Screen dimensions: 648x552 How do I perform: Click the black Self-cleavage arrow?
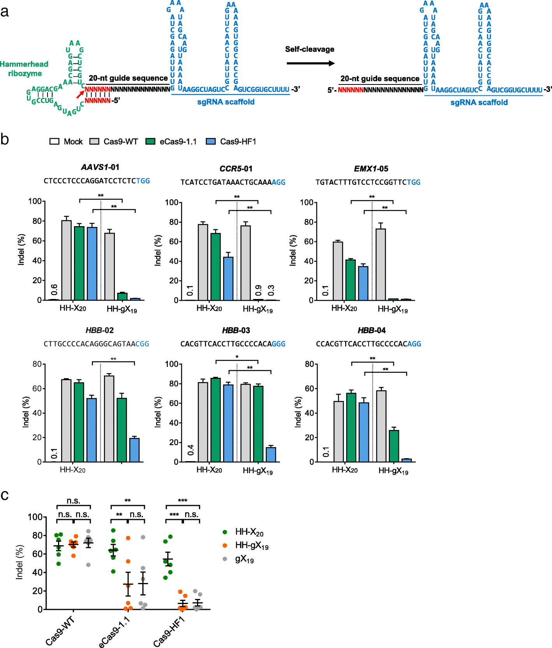tap(310, 63)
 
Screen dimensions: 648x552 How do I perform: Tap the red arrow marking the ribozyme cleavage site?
tap(80, 94)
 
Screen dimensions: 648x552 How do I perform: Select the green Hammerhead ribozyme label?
tap(24, 69)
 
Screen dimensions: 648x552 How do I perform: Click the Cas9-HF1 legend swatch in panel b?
tap(211, 142)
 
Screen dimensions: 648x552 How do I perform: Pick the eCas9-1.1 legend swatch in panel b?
tap(150, 142)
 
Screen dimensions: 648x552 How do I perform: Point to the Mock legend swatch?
tap(54, 142)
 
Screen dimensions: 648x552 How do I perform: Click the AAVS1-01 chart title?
tap(100, 167)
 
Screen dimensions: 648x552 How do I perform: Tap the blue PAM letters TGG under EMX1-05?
tap(413, 182)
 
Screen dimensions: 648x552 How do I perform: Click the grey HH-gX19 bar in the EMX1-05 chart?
tap(381, 265)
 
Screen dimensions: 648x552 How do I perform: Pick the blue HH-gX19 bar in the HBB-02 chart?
tap(134, 450)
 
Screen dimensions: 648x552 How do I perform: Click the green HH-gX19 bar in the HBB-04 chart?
tap(394, 446)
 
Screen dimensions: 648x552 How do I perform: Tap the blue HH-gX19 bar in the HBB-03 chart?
tap(271, 455)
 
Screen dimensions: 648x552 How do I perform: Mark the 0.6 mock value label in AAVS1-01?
tap(54, 290)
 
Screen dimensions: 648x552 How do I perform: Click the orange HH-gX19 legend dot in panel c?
tap(225, 546)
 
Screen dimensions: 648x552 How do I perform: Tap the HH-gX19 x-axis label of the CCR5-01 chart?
tap(258, 309)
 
